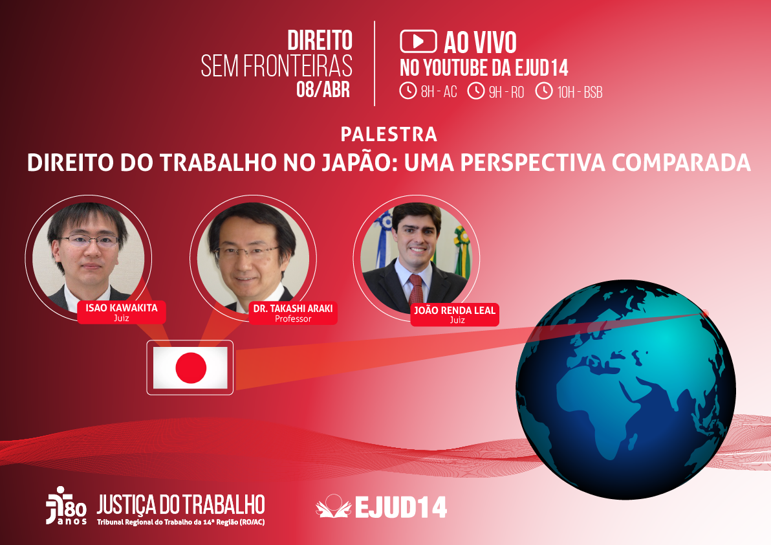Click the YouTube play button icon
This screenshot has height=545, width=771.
tap(418, 41)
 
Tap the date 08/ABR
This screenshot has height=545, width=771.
tap(323, 89)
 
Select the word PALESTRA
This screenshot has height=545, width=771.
tap(389, 134)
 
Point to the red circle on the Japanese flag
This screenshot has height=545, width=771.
tap(191, 368)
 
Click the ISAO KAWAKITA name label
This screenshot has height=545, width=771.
tap(122, 308)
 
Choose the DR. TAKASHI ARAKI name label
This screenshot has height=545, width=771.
tap(293, 309)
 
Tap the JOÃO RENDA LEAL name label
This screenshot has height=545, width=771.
tap(454, 311)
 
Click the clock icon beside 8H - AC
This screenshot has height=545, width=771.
tap(408, 91)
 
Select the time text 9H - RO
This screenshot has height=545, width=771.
tap(506, 92)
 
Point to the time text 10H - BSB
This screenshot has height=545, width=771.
tap(580, 92)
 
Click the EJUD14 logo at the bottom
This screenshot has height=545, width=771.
tap(382, 507)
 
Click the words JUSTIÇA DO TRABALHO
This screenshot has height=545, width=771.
tap(180, 504)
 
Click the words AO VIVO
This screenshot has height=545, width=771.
tap(480, 43)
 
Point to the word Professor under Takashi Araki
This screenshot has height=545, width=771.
tap(293, 318)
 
